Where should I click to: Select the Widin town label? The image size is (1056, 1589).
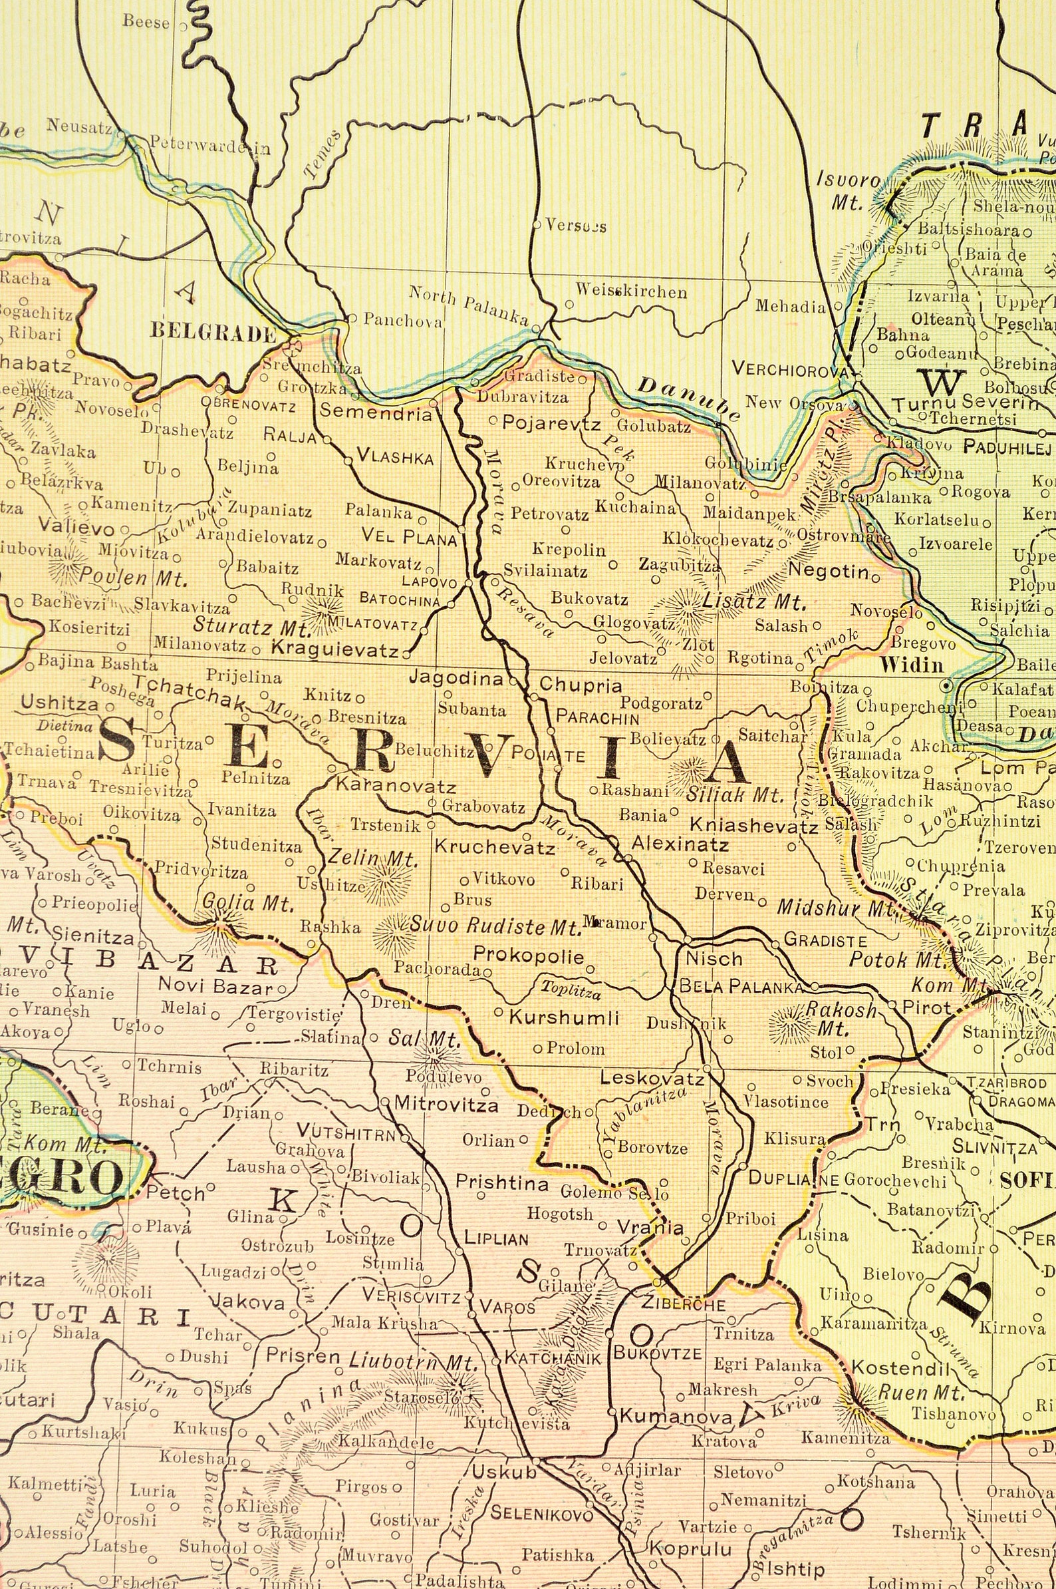tap(911, 666)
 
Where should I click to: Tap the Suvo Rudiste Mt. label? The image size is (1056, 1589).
tap(495, 928)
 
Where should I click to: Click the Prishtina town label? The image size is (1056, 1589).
tap(503, 1182)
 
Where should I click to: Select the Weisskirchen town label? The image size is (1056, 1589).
tap(631, 292)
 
